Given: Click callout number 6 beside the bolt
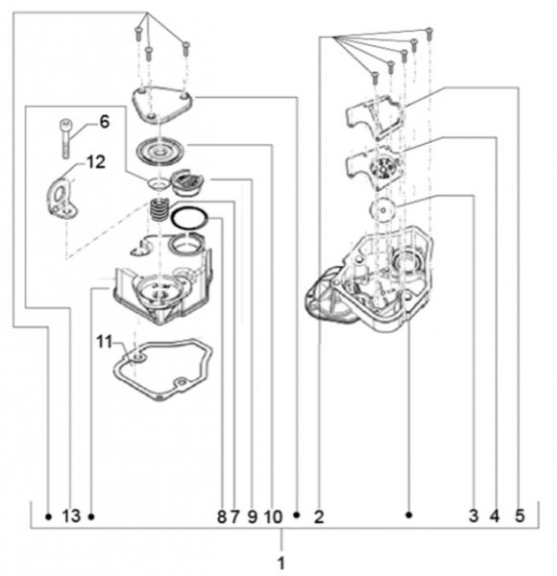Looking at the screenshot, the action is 105,122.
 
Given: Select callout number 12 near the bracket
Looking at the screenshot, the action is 96,161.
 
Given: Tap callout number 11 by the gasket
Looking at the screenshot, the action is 104,342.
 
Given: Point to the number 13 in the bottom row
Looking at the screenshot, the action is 71,516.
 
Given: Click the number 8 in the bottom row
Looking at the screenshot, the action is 222,516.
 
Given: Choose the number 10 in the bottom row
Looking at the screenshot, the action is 273,516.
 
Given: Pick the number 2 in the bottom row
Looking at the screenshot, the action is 319,516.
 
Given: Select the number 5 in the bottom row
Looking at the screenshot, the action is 520,516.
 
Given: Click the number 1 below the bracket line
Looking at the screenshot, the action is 281,564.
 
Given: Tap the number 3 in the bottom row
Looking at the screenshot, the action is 473,516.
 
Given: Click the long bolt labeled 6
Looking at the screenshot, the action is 65,139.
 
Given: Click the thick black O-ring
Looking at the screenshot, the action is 189,218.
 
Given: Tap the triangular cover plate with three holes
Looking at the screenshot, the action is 162,105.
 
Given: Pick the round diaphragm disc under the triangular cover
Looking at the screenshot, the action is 159,151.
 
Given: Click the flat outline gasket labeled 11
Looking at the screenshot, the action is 162,370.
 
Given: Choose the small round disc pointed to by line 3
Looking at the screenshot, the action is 383,209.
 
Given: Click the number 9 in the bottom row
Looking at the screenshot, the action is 252,516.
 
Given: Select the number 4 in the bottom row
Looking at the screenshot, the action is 495,516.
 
